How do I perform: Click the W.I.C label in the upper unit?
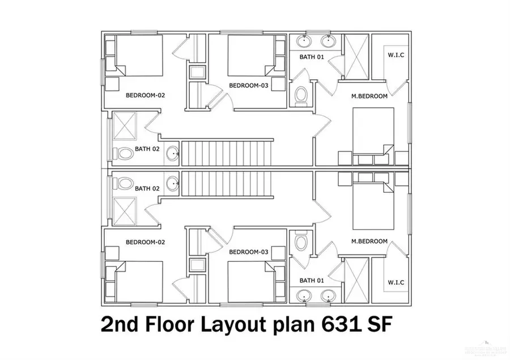click(x=395, y=55)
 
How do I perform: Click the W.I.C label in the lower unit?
click(x=395, y=282)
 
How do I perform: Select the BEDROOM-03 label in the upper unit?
click(x=248, y=86)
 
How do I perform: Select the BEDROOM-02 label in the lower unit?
click(x=145, y=242)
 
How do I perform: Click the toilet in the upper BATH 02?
click(x=125, y=153)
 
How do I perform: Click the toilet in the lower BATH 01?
click(x=301, y=243)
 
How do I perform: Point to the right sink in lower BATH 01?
click(x=328, y=296)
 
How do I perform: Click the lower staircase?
click(x=228, y=185)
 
